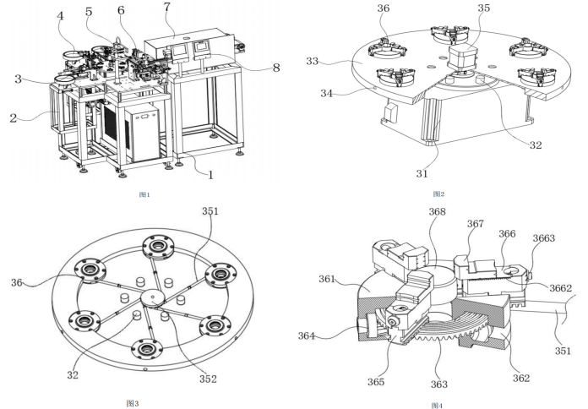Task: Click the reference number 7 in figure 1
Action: pos(167,8)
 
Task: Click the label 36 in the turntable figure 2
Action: pos(384,8)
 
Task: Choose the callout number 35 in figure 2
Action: pos(483,8)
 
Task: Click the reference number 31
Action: pos(422,173)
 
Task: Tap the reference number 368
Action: pos(438,212)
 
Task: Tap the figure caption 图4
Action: pos(436,405)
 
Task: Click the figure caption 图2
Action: pos(437,194)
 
